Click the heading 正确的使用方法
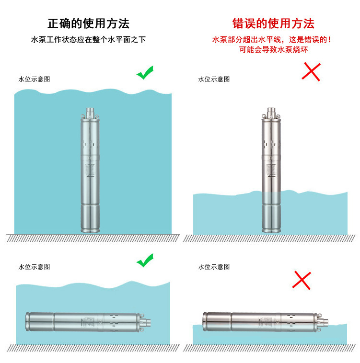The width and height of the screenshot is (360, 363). coord(89,23)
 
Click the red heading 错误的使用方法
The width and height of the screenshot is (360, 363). coord(273,23)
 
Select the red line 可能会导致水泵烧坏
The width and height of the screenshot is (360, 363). coord(273,49)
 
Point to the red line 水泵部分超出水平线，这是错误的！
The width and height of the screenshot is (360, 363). coord(272,40)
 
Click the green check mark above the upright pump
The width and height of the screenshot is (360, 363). coord(145,72)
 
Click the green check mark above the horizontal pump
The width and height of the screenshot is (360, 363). coord(145,261)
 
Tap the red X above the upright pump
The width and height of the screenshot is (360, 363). coord(311,71)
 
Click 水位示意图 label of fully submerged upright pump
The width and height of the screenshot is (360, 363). coord(34,79)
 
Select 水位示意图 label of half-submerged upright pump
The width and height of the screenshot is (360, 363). coord(214,79)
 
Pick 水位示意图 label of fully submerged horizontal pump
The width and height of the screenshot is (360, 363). coord(34,267)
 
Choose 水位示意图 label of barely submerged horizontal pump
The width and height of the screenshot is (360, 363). coord(214,267)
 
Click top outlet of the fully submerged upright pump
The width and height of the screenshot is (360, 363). coord(91,112)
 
